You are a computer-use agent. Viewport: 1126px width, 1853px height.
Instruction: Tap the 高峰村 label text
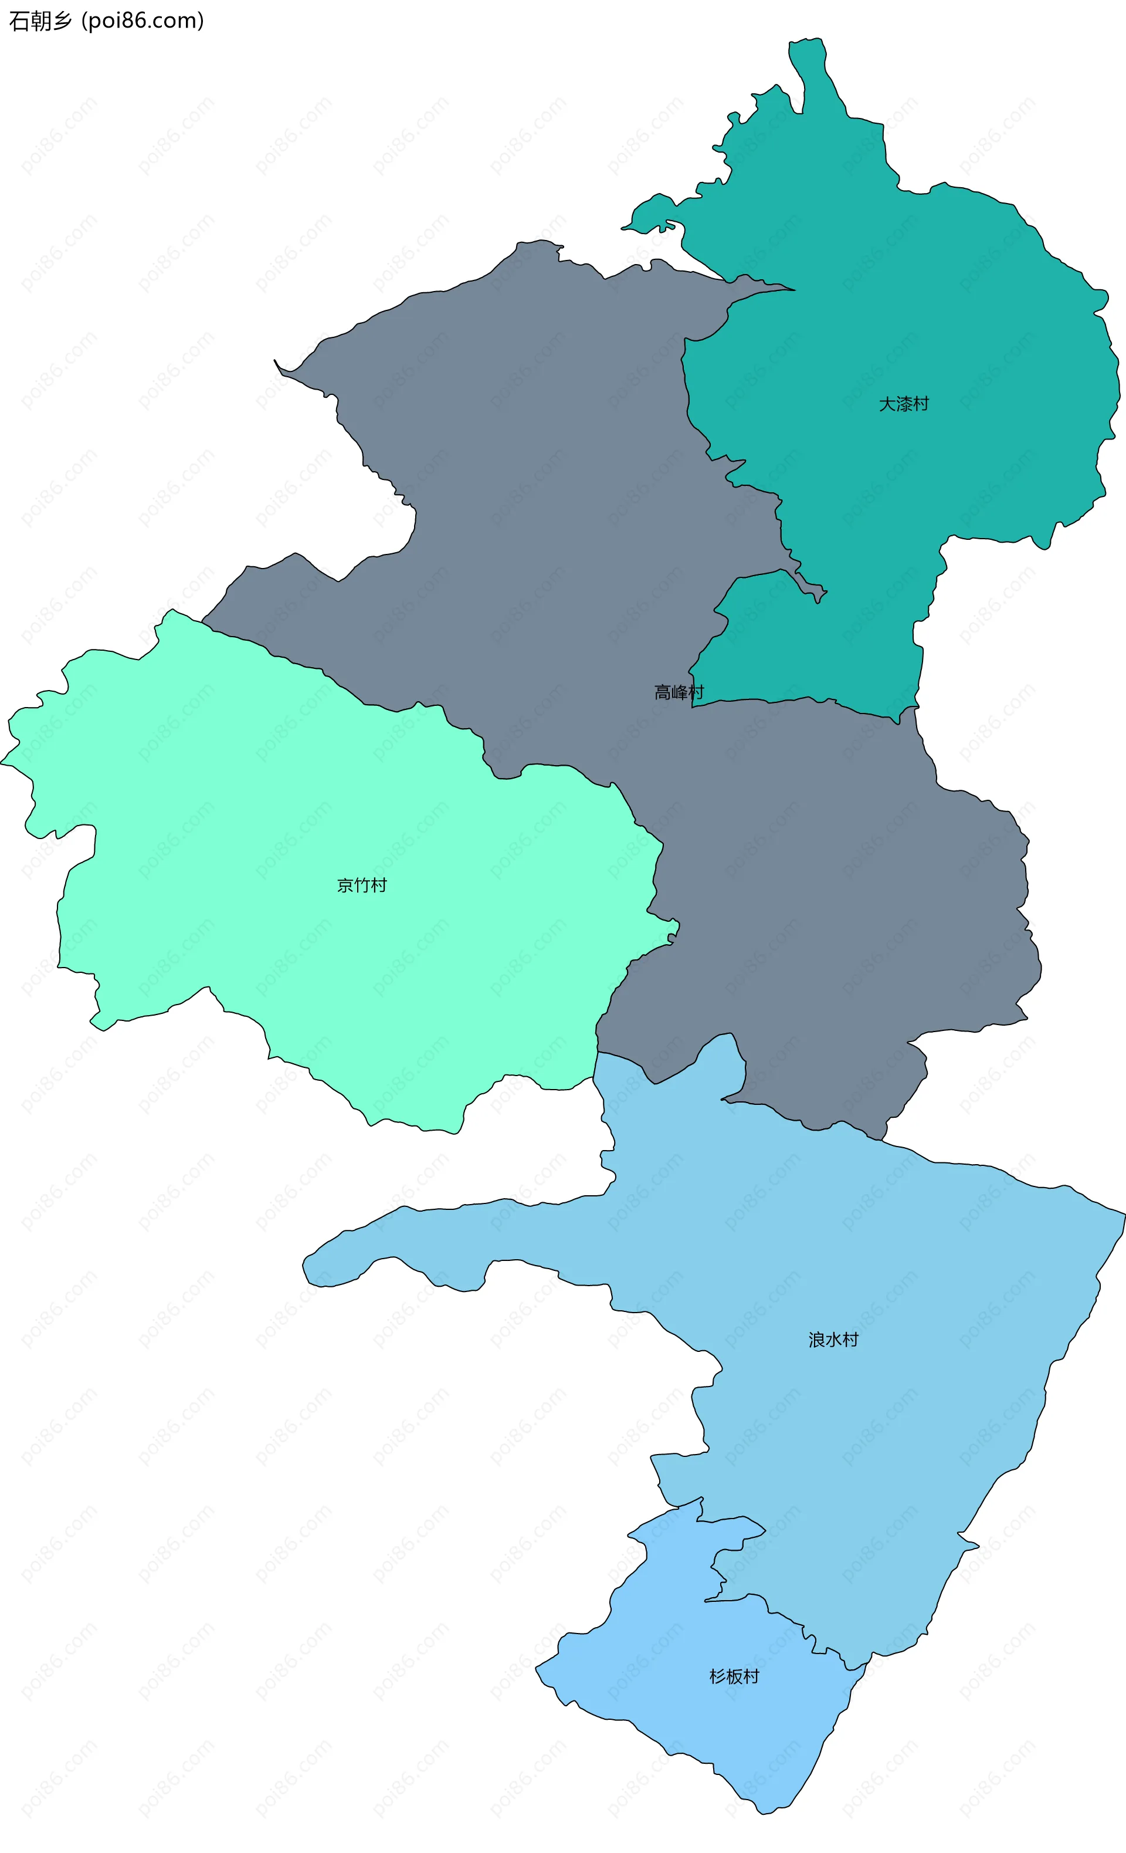(679, 692)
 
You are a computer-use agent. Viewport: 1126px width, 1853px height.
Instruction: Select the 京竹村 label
(362, 885)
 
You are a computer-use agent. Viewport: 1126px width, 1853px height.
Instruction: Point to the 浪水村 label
(833, 1340)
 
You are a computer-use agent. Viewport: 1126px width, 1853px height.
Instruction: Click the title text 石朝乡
(40, 21)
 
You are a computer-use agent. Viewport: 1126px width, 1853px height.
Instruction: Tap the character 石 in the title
(19, 21)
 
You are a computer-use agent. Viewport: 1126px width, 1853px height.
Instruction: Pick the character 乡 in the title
(62, 21)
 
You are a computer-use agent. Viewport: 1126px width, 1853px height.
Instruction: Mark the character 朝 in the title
(40, 21)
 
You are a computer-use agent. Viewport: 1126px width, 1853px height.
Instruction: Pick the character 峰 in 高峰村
(679, 692)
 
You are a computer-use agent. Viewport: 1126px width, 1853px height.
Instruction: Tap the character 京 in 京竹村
(345, 885)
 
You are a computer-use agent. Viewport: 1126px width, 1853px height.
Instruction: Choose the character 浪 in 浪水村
(816, 1340)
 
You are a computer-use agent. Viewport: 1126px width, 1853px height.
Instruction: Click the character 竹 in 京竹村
(362, 885)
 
